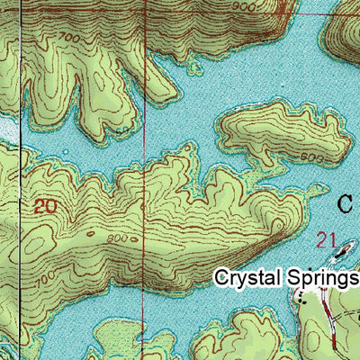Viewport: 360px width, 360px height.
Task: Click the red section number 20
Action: pyautogui.click(x=44, y=206)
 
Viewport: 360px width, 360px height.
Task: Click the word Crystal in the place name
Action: pyautogui.click(x=247, y=278)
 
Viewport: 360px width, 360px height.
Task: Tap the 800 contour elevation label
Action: pyautogui.click(x=115, y=238)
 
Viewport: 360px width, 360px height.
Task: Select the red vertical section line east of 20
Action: pyautogui.click(x=147, y=135)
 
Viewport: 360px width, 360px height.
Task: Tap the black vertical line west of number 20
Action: pyautogui.click(x=20, y=207)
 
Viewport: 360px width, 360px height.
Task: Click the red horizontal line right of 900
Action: pyautogui.click(x=324, y=15)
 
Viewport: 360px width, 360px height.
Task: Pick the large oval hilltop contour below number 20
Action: pyautogui.click(x=45, y=243)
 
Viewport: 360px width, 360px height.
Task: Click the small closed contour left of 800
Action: pyautogui.click(x=90, y=237)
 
